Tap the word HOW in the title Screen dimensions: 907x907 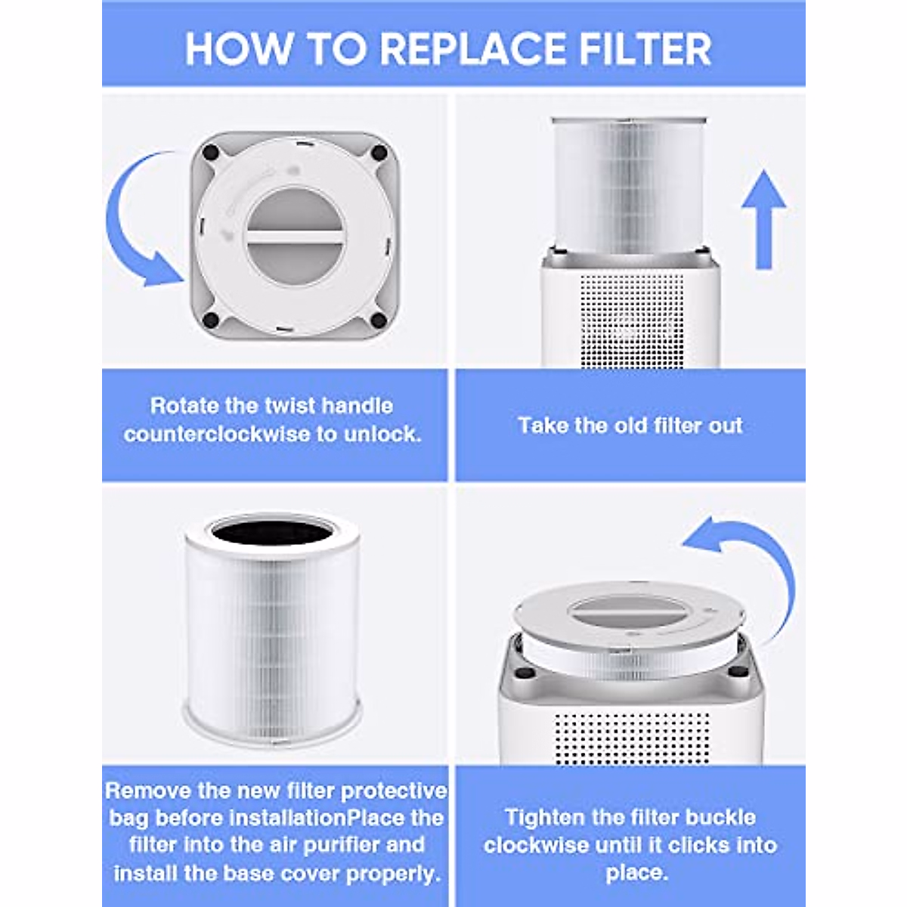(x=239, y=49)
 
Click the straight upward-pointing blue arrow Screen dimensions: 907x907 (x=763, y=219)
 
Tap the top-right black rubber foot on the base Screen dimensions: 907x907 (x=379, y=153)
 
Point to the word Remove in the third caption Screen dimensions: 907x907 (x=148, y=791)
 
